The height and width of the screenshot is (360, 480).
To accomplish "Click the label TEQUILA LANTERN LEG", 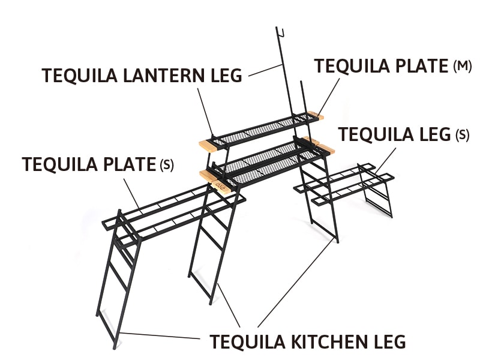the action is [x=142, y=76].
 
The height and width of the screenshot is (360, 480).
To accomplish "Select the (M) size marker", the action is [x=462, y=66].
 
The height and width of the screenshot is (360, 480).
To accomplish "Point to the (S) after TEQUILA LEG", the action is [x=463, y=134].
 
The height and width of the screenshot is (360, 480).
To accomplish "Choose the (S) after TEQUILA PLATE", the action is [x=167, y=164].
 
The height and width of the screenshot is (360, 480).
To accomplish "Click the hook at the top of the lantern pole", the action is [x=280, y=32].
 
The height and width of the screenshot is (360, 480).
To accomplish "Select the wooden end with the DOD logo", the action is [x=221, y=187].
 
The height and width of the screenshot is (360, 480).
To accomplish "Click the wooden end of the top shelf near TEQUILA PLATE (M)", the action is [x=316, y=116].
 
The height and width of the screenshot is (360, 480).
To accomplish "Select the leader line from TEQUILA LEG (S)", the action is [x=385, y=161].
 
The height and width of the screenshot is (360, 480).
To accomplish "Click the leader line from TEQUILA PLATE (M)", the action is [x=328, y=97].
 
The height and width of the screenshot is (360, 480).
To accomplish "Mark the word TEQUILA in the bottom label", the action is [x=247, y=341].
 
